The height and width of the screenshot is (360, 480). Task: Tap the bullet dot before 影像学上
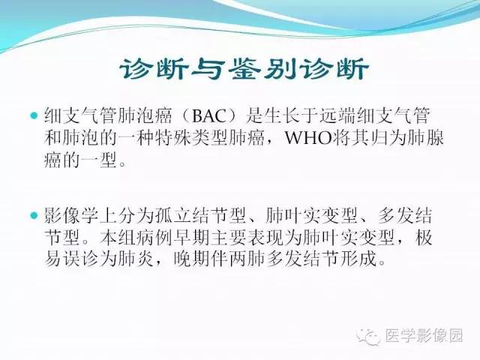[34, 217]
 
